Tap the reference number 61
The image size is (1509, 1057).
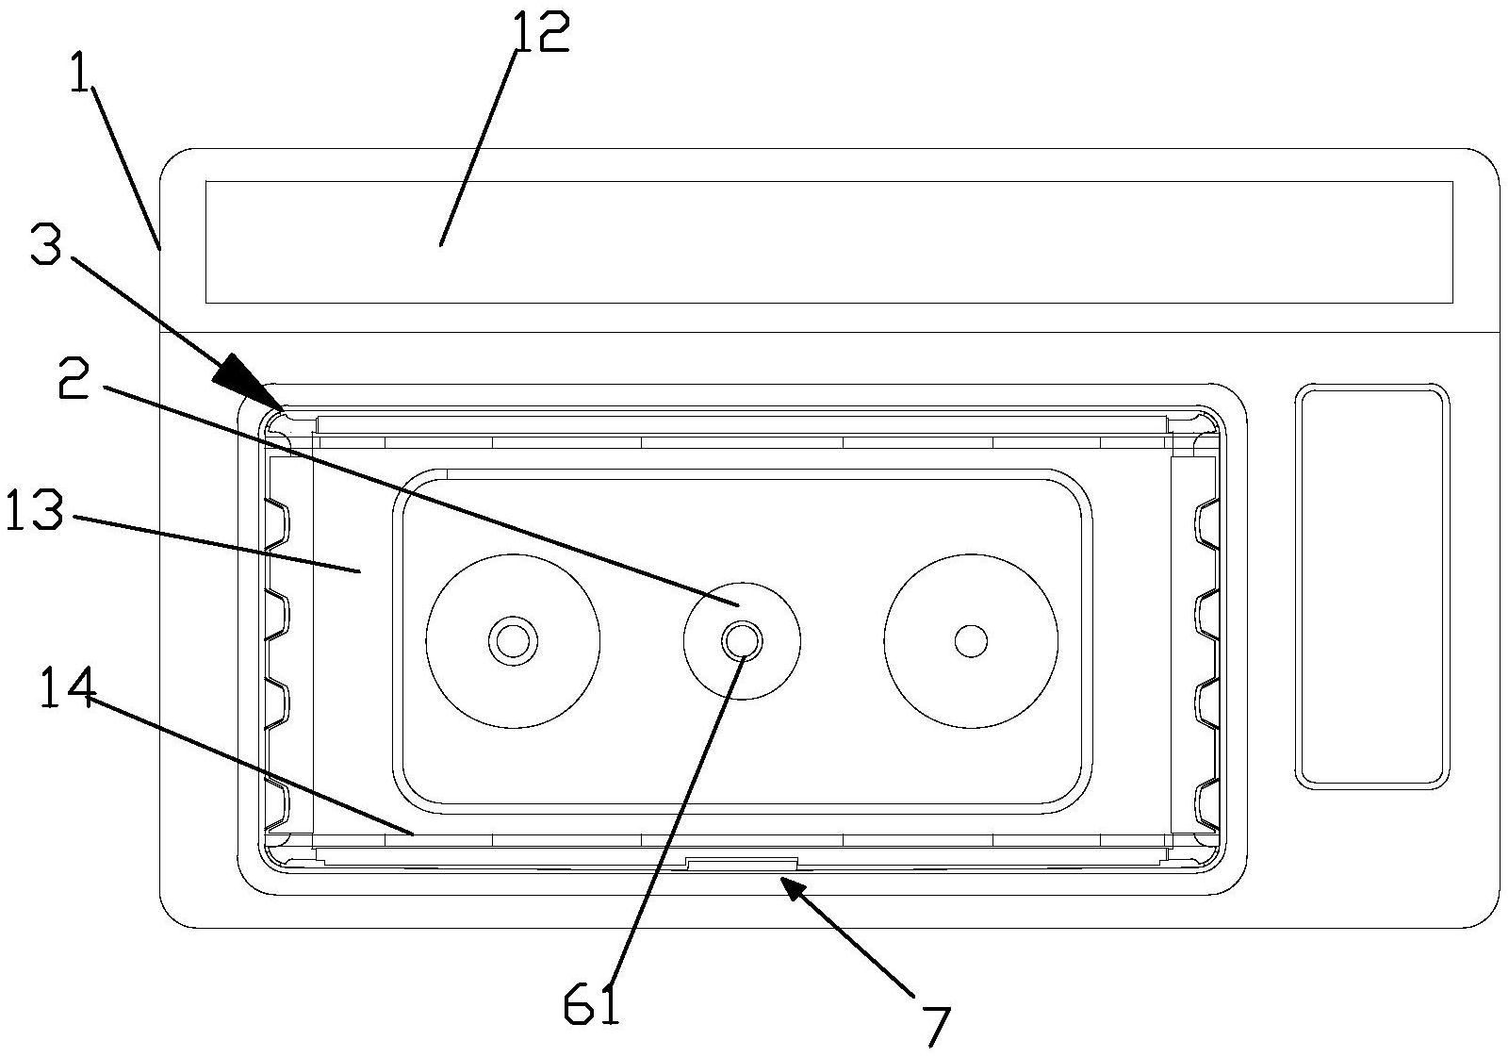coord(591,1005)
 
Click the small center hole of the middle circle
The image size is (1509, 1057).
coord(742,641)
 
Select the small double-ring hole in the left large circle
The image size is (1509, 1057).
coord(513,641)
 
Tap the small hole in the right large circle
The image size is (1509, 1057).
coord(970,641)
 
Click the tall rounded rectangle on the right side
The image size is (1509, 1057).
coord(1371,586)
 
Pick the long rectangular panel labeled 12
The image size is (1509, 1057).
coord(828,242)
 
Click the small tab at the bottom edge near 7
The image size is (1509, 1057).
coord(742,863)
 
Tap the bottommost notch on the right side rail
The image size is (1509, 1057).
coord(1206,802)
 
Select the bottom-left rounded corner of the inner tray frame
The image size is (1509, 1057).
coord(276,852)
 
